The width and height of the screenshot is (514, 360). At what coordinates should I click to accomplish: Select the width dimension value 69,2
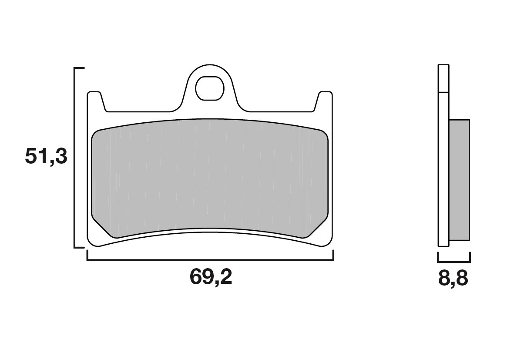point(211,277)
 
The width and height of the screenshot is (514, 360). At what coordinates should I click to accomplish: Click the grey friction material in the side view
point(459,179)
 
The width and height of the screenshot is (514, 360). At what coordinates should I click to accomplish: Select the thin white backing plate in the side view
point(443,174)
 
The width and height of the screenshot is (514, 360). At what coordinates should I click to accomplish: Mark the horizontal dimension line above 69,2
point(211,260)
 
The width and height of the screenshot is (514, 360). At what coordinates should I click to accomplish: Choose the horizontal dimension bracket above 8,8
point(454,262)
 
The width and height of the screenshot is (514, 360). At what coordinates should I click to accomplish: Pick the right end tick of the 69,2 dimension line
point(333,256)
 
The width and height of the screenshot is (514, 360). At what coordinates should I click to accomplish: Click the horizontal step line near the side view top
point(443,92)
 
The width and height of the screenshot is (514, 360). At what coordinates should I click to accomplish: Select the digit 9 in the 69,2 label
point(204,277)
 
